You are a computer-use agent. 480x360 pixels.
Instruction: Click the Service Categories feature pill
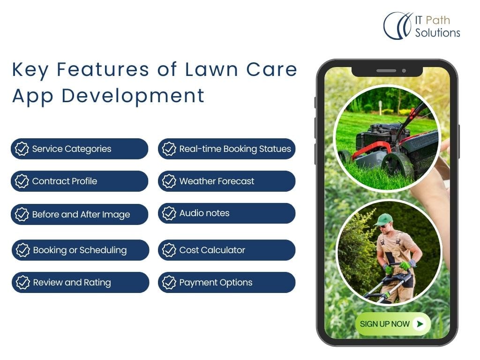coord(79,149)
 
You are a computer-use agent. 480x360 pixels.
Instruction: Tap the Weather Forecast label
coord(217,181)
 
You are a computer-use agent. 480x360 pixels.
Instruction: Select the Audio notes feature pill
coord(226,213)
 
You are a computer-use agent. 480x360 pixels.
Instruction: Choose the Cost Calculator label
coord(212,250)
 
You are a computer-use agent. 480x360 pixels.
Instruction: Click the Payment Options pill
coord(226,282)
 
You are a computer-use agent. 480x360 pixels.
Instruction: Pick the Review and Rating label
coord(72,283)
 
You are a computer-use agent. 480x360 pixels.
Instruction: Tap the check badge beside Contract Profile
coord(22,181)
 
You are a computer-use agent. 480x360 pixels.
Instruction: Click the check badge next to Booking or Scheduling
coord(22,250)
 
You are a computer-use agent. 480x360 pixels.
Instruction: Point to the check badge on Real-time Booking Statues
coord(169,149)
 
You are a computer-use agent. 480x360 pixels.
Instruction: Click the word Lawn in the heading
coord(211,69)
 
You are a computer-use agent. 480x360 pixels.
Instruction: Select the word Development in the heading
coord(133,96)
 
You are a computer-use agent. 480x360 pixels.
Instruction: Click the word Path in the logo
coord(438,20)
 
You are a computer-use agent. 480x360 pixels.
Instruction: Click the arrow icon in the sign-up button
coord(420,323)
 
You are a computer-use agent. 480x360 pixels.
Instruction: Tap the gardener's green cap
coord(383,219)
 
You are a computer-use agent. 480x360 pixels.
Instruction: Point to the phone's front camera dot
coord(404,71)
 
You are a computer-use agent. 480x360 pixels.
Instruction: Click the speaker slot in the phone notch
coord(386,71)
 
